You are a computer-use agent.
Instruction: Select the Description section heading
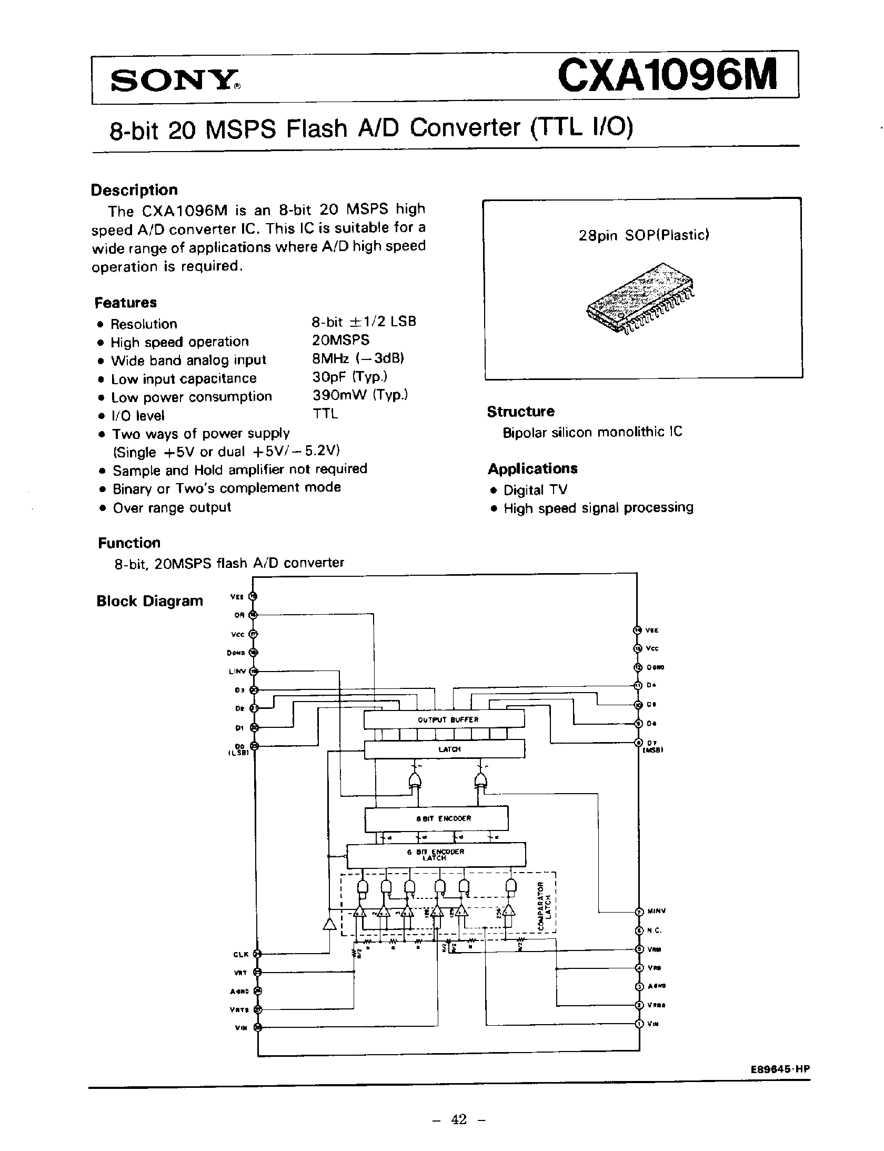(134, 190)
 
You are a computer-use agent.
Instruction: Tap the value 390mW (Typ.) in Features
(360, 395)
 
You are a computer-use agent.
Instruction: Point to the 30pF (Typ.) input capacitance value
(349, 377)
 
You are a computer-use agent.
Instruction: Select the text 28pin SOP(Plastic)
(644, 235)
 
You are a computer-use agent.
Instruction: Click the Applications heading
(532, 468)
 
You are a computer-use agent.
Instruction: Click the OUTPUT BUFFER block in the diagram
(444, 719)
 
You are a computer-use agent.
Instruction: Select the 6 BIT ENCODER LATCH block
(436, 855)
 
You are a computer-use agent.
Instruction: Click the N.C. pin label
(654, 930)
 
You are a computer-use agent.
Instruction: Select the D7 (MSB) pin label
(653, 746)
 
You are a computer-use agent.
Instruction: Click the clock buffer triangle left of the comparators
(329, 924)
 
